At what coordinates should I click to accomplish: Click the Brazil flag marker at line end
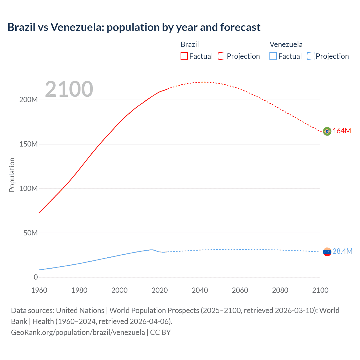coord(327,131)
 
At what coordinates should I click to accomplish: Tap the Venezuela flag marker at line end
coord(327,252)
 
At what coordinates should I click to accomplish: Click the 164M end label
coord(342,131)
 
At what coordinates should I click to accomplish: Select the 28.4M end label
coord(342,251)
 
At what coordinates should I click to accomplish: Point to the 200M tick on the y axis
coord(28,100)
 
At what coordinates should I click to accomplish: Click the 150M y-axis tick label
coord(28,144)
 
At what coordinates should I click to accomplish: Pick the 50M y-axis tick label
coord(30,233)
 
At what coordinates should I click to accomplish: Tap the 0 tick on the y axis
coord(36,277)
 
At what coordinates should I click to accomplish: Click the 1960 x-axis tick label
coord(39,290)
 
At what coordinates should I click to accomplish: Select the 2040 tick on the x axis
coord(200,290)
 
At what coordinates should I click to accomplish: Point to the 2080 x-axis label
coord(280,290)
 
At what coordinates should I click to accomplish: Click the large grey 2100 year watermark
coord(69,89)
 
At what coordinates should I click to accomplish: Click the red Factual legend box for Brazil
coord(184,56)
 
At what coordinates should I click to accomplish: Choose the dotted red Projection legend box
coord(222,56)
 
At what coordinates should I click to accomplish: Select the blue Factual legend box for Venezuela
coord(273,56)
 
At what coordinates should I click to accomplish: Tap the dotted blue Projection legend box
coord(311,56)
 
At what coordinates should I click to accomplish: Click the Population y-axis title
coord(12,175)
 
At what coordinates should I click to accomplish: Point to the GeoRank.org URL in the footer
coord(78,332)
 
